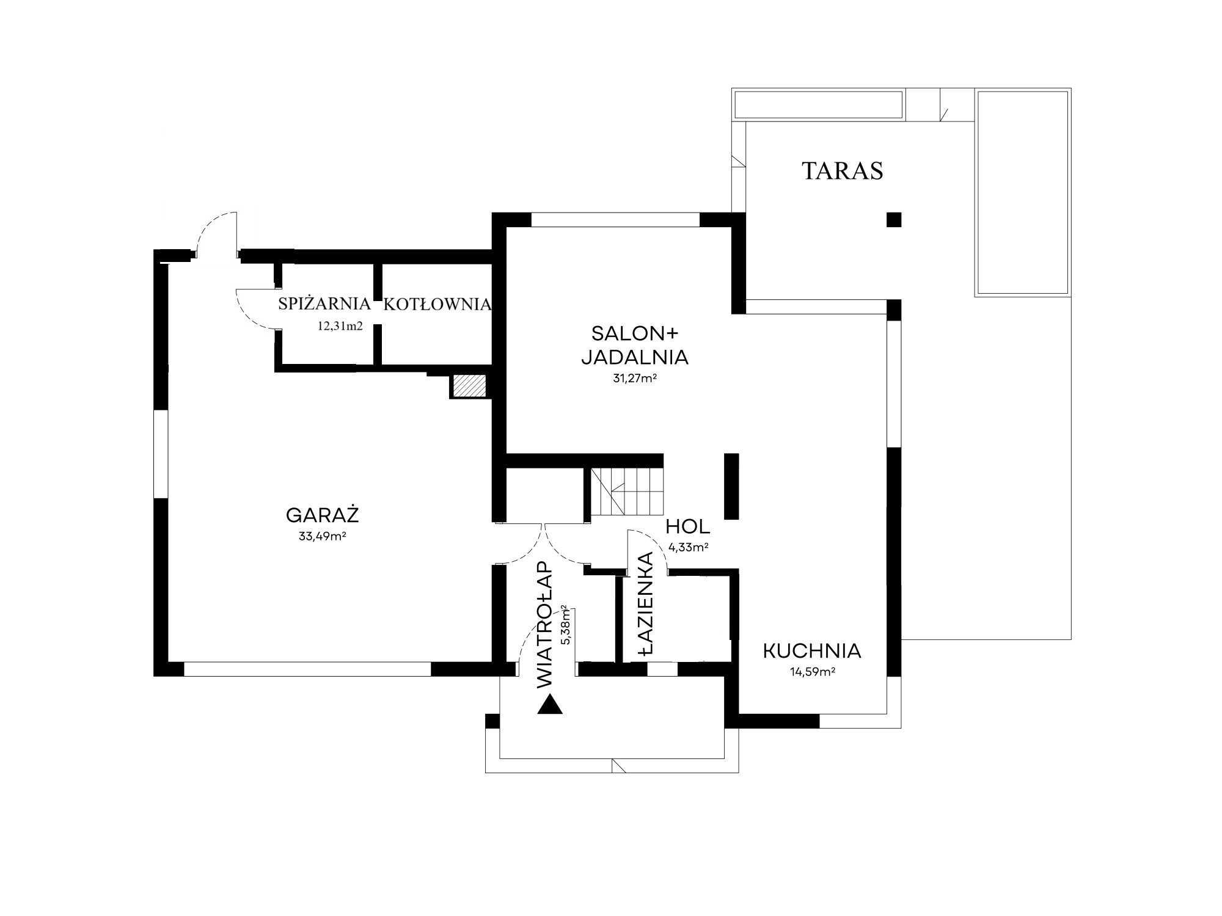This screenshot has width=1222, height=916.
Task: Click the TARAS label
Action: [842, 171]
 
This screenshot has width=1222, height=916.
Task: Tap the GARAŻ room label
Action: [322, 515]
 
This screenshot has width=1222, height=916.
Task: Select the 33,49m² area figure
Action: [323, 537]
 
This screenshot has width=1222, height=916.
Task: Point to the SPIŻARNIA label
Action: [324, 304]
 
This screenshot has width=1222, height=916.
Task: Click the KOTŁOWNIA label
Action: [437, 304]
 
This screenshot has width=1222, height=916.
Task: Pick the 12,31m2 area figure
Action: [340, 325]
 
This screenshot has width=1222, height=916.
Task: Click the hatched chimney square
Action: [469, 385]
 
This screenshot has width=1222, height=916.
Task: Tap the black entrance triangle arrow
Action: [550, 705]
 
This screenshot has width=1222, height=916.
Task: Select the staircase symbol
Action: [626, 492]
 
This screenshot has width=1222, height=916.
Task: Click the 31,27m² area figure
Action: [635, 378]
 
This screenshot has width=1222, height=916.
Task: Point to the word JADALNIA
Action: [635, 357]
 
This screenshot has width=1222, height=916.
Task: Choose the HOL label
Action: [688, 526]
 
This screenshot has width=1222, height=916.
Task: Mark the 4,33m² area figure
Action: [689, 547]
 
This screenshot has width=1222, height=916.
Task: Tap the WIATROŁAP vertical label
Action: [544, 626]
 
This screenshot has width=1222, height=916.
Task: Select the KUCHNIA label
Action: [812, 651]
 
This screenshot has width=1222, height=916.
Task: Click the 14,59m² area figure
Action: [813, 672]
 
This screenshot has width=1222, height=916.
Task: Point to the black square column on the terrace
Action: [894, 219]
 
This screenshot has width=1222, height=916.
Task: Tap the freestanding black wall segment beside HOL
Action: [731, 486]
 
